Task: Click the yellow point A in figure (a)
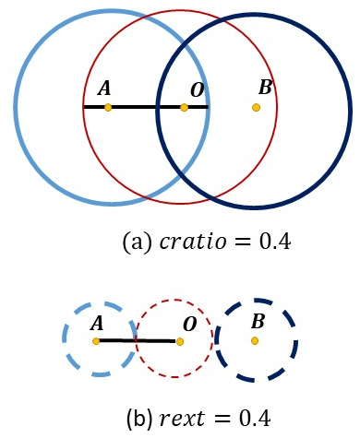[x=108, y=108]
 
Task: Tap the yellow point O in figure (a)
[x=184, y=108]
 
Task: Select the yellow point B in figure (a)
[x=256, y=108]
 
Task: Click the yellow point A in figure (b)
[x=96, y=341]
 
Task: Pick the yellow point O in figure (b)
[x=180, y=341]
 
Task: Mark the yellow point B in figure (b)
[x=255, y=341]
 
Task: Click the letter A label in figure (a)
[x=104, y=89]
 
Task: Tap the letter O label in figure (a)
[x=198, y=90]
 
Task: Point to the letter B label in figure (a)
[x=265, y=87]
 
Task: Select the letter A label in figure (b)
[x=97, y=324]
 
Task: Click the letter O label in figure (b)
[x=190, y=325]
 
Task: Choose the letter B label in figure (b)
[x=258, y=321]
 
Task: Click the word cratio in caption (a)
[x=193, y=242]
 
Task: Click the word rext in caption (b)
[x=182, y=419]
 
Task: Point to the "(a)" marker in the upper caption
[x=138, y=243]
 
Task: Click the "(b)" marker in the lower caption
[x=139, y=419]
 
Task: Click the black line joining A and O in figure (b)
[x=138, y=341]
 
